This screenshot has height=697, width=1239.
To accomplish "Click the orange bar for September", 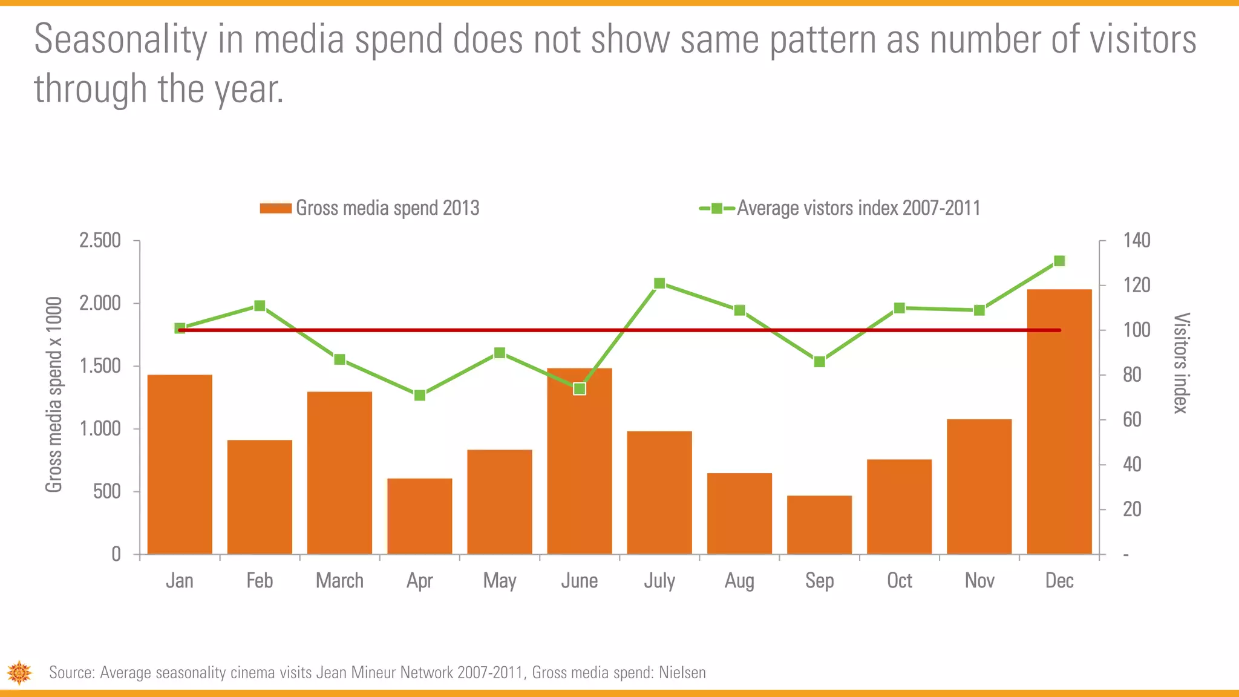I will (819, 525).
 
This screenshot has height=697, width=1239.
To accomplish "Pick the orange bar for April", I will (420, 516).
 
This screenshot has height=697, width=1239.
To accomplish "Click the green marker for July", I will (659, 283).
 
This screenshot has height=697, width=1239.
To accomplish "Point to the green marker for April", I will (420, 395).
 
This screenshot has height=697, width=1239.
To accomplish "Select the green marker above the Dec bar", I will (1059, 261).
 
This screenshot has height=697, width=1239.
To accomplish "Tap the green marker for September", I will (819, 362).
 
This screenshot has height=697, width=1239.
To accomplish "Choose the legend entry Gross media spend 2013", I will (370, 208).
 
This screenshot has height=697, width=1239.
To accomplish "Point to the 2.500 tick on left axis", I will (100, 240).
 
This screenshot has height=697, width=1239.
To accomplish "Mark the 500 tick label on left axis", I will (107, 491).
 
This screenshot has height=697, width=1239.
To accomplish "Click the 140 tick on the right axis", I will (1137, 240).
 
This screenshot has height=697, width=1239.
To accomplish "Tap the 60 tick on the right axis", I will (1132, 419).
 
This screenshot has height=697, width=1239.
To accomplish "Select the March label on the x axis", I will (339, 581).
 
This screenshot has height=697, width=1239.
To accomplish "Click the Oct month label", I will (899, 581).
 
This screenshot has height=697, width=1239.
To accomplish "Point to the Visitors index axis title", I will (1181, 363).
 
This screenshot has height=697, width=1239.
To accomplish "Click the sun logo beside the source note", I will (19, 673).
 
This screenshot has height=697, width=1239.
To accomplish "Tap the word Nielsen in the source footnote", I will (682, 673).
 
